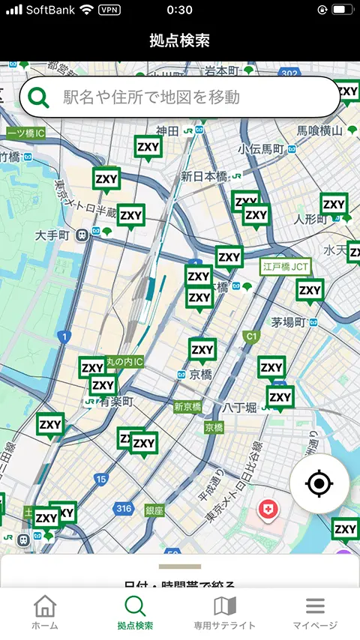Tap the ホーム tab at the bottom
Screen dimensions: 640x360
click(x=45, y=612)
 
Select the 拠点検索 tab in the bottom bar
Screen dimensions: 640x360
click(x=135, y=612)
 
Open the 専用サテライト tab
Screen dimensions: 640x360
click(x=225, y=612)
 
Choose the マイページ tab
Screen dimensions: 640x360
click(x=315, y=612)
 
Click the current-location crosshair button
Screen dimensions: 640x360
click(x=319, y=483)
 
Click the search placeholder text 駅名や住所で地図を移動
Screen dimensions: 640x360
click(x=151, y=97)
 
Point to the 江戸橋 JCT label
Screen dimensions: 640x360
click(x=286, y=266)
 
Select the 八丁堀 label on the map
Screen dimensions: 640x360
click(x=240, y=407)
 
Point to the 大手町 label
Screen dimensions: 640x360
click(x=52, y=235)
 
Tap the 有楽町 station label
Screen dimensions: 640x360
click(x=116, y=402)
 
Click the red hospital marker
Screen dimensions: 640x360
click(x=268, y=510)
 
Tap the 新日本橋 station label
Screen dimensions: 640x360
click(x=203, y=176)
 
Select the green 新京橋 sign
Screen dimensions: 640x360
click(x=187, y=407)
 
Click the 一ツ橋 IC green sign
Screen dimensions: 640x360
click(x=26, y=133)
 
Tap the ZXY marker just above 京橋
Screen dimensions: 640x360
click(x=202, y=349)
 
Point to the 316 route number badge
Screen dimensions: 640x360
click(x=124, y=509)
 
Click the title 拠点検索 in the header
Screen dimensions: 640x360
click(x=180, y=40)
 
